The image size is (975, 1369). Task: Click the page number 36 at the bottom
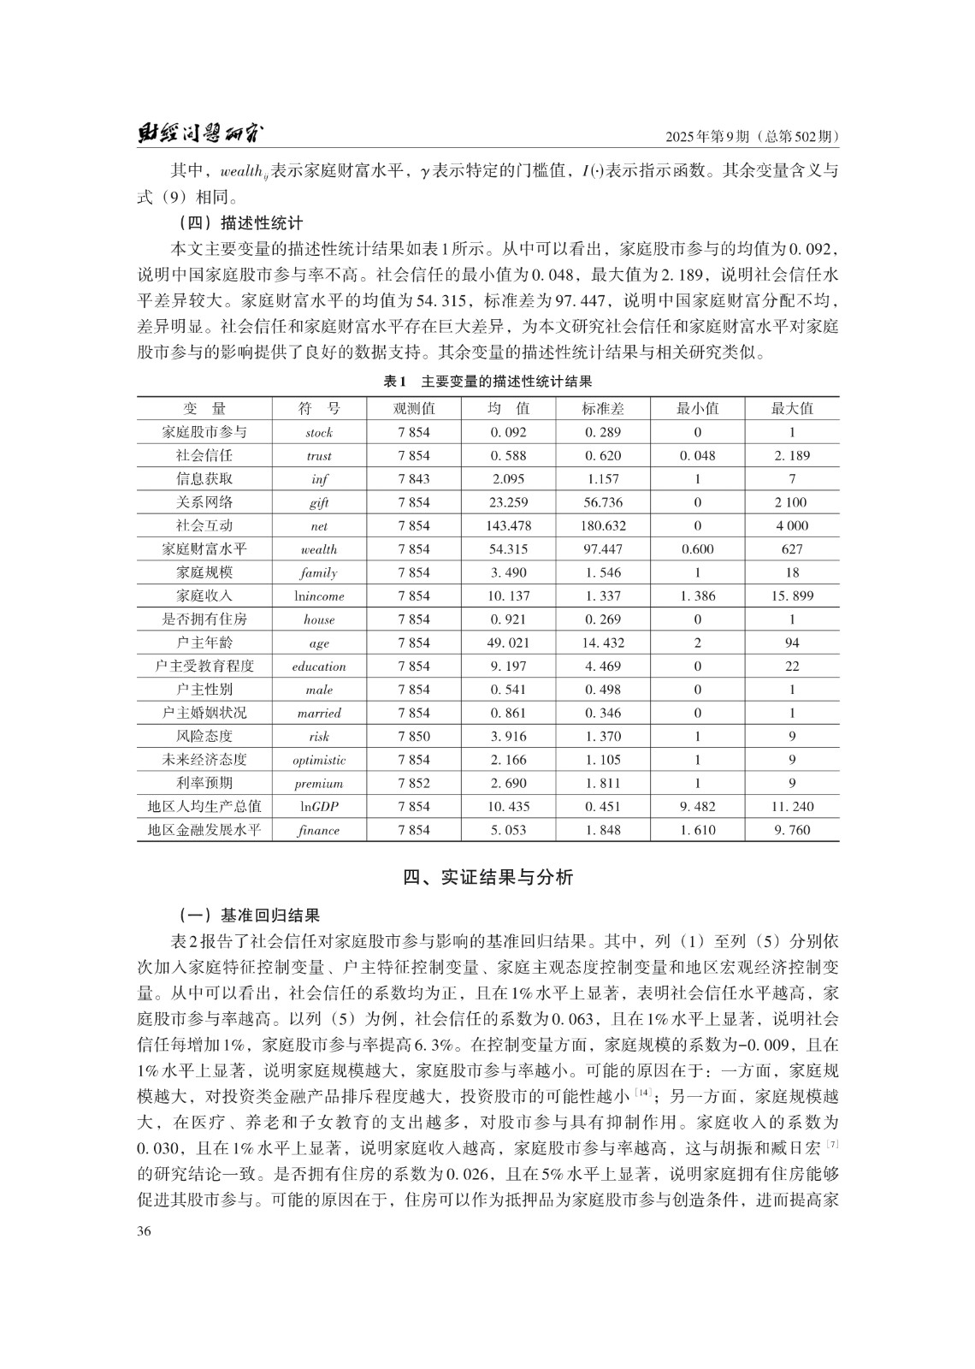(145, 1230)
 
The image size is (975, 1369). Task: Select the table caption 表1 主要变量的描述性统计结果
(487, 382)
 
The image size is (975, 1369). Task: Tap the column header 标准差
(603, 408)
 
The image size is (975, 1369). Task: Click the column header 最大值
(792, 408)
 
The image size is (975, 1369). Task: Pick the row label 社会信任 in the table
(204, 455)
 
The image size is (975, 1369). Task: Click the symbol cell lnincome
(319, 596)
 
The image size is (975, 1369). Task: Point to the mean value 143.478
(508, 525)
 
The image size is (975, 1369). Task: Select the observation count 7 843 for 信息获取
(414, 478)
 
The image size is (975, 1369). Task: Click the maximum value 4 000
(792, 525)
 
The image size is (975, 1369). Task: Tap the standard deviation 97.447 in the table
(603, 548)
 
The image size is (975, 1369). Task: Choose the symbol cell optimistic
(319, 760)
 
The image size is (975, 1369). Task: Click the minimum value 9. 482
(697, 806)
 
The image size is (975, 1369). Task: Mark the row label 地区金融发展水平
(204, 830)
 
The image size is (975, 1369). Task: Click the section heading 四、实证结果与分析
(487, 877)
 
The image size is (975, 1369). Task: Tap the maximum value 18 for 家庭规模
(792, 572)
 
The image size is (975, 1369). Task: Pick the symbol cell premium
(319, 783)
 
